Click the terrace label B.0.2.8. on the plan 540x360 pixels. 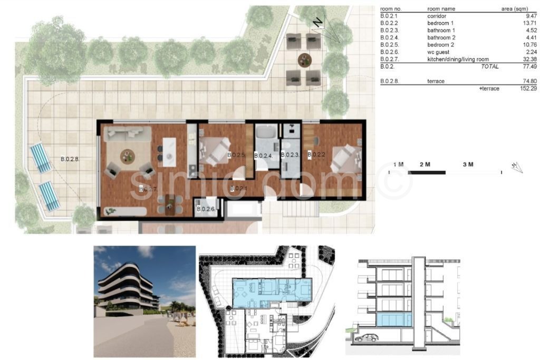pyautogui.click(x=70, y=159)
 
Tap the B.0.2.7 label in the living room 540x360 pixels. pyautogui.click(x=148, y=189)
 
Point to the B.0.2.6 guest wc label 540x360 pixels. pyautogui.click(x=206, y=209)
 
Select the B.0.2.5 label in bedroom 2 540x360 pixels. pyautogui.click(x=236, y=155)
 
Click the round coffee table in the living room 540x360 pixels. pyautogui.click(x=128, y=157)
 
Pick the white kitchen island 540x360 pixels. pyautogui.click(x=169, y=152)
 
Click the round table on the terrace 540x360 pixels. pyautogui.click(x=304, y=60)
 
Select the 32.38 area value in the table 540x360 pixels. pyautogui.click(x=529, y=59)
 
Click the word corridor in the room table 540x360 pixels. pyautogui.click(x=437, y=16)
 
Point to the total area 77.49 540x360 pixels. pyautogui.click(x=529, y=66)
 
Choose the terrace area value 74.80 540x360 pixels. pyautogui.click(x=529, y=81)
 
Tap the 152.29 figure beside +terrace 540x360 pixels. pyautogui.click(x=528, y=89)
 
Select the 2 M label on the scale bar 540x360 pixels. pyautogui.click(x=425, y=164)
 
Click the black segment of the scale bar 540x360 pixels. pyautogui.click(x=427, y=172)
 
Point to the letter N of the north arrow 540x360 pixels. pyautogui.click(x=318, y=23)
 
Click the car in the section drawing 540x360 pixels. pyautogui.click(x=367, y=338)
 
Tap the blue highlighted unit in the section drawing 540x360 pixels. pyautogui.click(x=394, y=320)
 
